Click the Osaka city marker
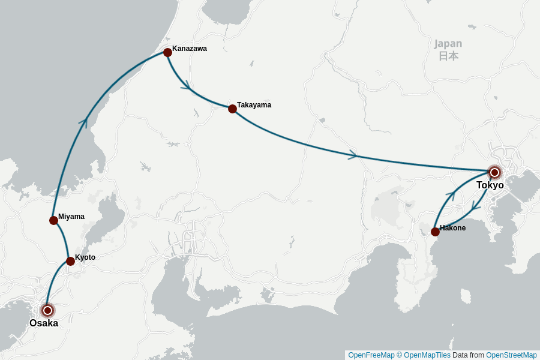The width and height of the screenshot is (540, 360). pyautogui.click(x=47, y=310)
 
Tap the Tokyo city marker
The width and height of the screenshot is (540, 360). pyautogui.click(x=494, y=173)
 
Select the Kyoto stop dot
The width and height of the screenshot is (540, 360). pyautogui.click(x=70, y=261)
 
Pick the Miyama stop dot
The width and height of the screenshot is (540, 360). pyautogui.click(x=53, y=220)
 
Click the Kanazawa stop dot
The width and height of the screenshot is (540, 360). pyautogui.click(x=167, y=53)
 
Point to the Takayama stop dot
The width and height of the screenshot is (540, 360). pyautogui.click(x=232, y=109)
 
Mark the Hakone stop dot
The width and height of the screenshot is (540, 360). pyautogui.click(x=435, y=232)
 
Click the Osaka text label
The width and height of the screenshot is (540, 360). pyautogui.click(x=44, y=323)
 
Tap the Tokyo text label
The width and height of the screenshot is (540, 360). pyautogui.click(x=490, y=185)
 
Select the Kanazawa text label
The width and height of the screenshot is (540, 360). pyautogui.click(x=190, y=49)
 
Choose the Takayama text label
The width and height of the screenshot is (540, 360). pyautogui.click(x=254, y=105)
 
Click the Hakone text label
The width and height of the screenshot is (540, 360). pyautogui.click(x=452, y=228)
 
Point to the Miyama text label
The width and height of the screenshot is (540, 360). pyautogui.click(x=71, y=217)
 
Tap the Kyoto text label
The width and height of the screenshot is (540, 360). pyautogui.click(x=85, y=257)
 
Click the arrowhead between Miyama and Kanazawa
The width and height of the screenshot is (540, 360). pyautogui.click(x=83, y=123)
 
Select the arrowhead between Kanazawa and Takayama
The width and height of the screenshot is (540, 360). pyautogui.click(x=186, y=85)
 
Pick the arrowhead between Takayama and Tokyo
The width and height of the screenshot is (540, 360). pyautogui.click(x=353, y=155)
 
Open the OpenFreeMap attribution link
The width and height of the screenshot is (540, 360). pyautogui.click(x=371, y=355)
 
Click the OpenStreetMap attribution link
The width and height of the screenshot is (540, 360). pyautogui.click(x=511, y=355)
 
